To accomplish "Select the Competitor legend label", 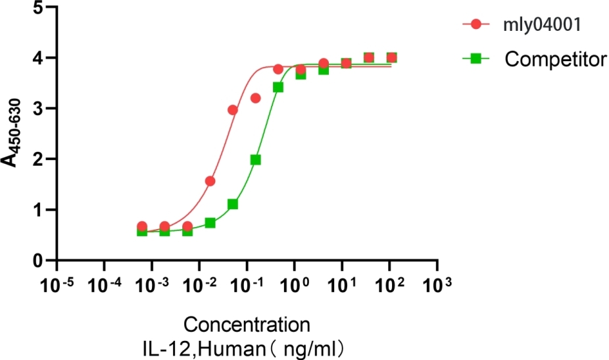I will (x=556, y=60).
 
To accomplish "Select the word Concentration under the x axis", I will (x=247, y=325).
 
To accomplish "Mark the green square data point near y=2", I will (x=256, y=160).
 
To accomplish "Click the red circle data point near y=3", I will (x=232, y=110).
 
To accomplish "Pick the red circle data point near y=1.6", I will (x=210, y=181).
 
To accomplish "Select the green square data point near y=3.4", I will (x=278, y=87).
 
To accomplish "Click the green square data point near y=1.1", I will (x=232, y=204).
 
